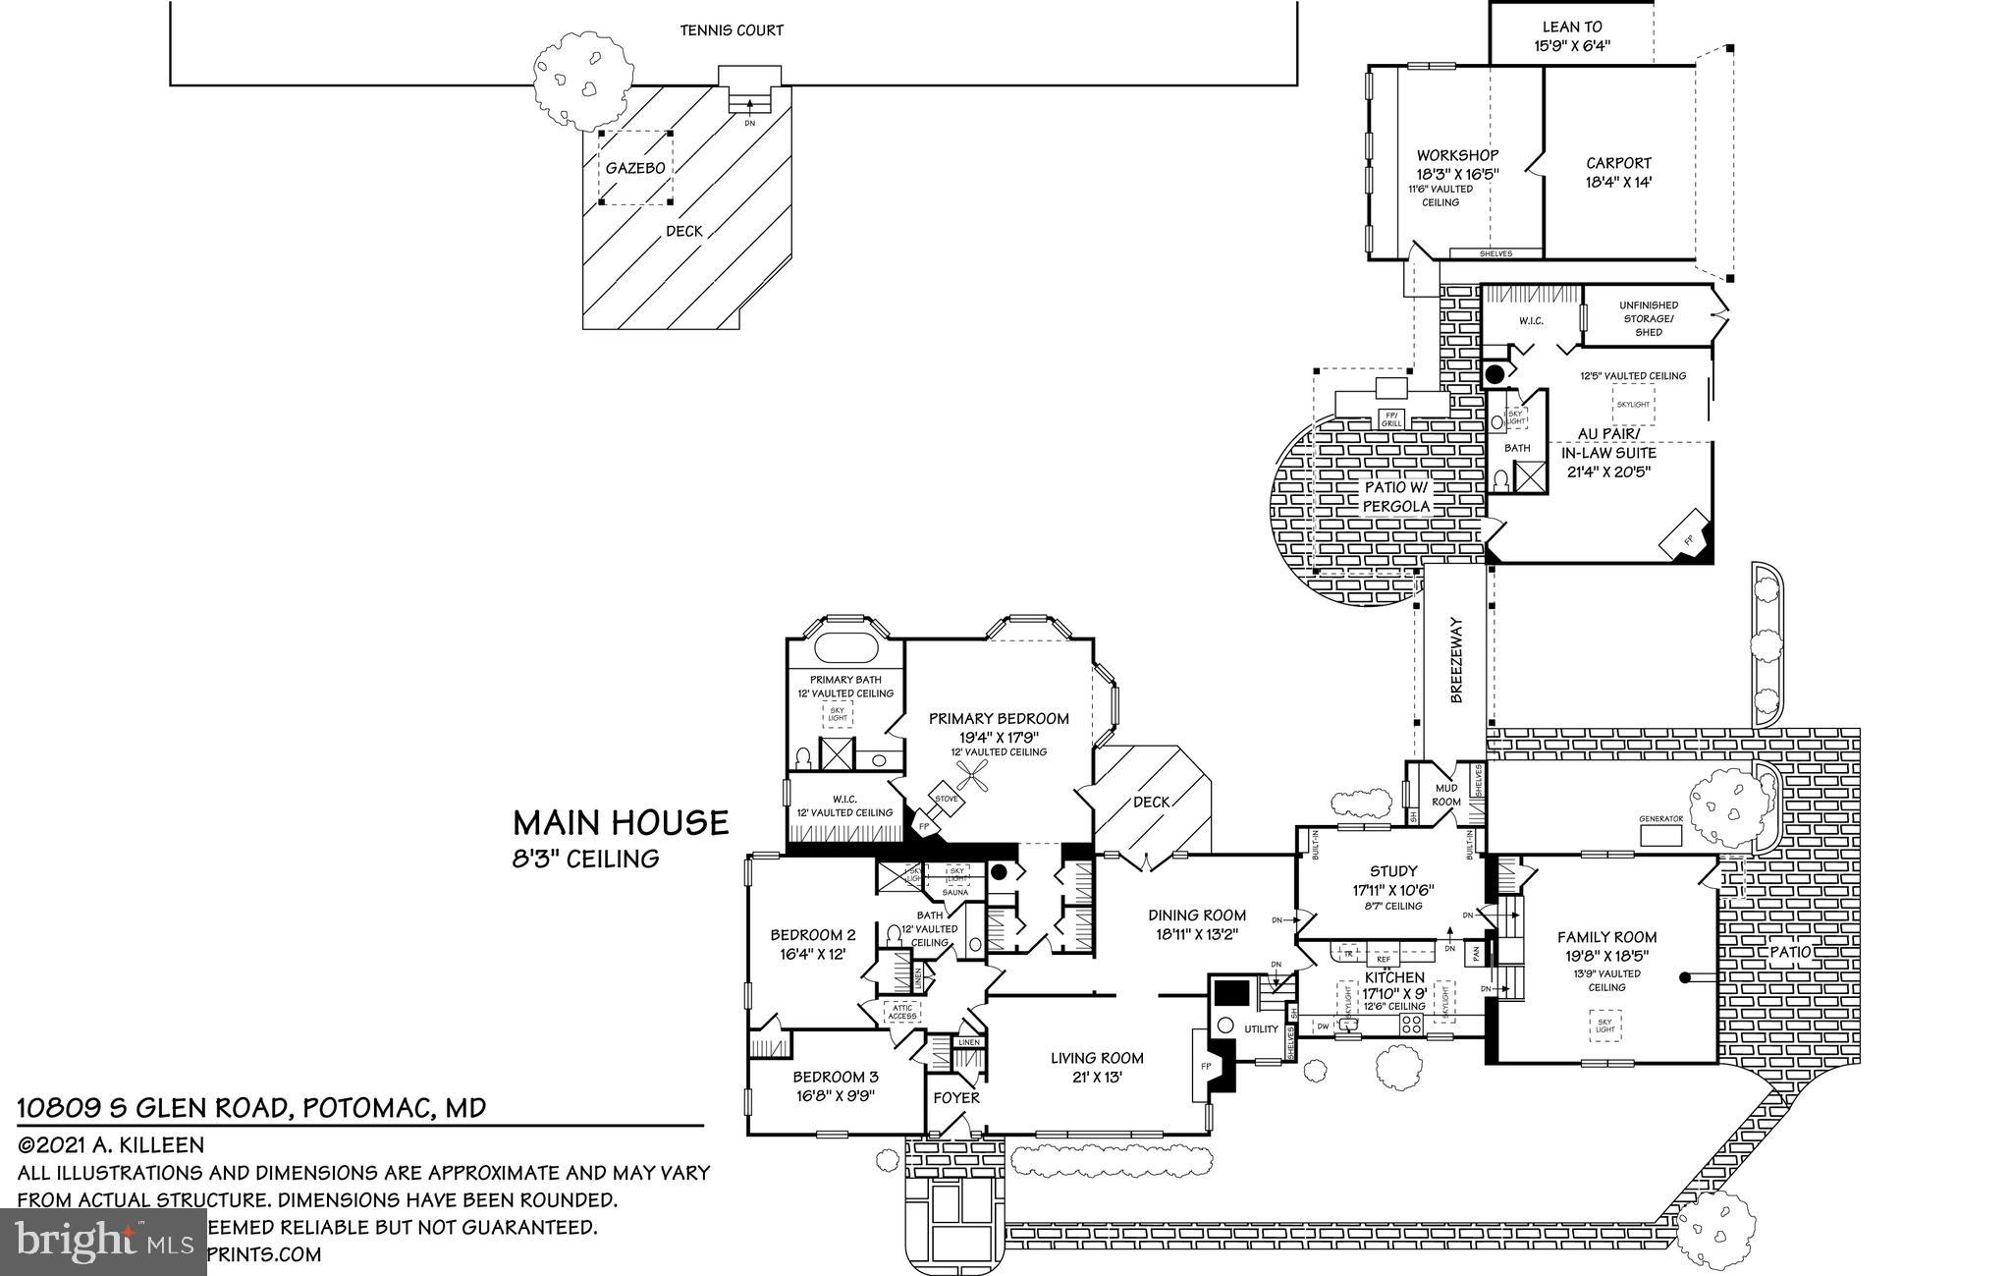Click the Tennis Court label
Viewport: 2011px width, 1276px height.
(732, 30)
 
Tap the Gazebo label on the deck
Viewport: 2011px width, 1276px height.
(634, 168)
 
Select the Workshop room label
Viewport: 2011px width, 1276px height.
(1457, 155)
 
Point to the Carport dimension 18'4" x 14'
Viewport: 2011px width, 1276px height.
(1618, 182)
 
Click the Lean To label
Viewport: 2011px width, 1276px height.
(1572, 28)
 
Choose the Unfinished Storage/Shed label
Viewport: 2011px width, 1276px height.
(1649, 318)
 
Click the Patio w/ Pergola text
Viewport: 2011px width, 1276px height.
(1395, 497)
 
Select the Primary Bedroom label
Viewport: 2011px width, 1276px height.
(999, 718)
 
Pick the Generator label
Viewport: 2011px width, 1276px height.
(1660, 818)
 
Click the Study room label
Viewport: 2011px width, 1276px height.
(1393, 870)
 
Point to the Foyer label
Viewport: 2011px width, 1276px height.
(955, 1097)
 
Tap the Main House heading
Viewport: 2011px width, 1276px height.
(621, 822)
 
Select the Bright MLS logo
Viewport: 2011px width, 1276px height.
(104, 1242)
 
